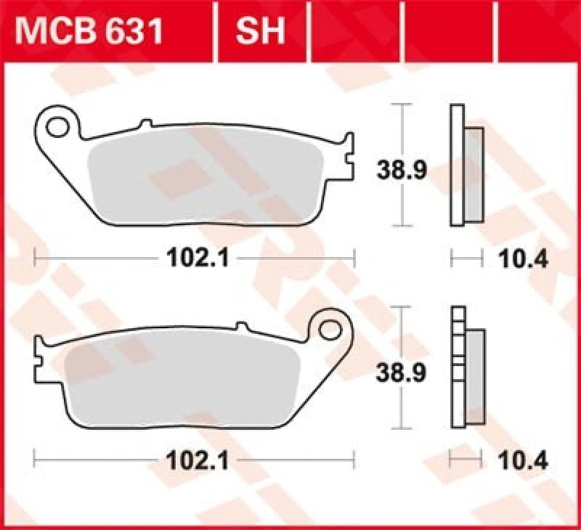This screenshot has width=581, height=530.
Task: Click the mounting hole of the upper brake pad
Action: (56, 127)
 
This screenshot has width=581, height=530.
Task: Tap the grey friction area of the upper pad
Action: (211, 178)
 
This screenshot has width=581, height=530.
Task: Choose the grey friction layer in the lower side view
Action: (474, 378)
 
